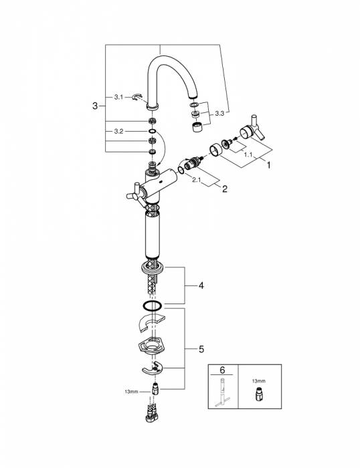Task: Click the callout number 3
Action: (x=95, y=106)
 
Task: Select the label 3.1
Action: (x=118, y=98)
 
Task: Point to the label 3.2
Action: (x=118, y=132)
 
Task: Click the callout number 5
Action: (x=201, y=349)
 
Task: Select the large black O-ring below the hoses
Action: (x=153, y=306)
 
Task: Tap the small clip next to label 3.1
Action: (x=138, y=98)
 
